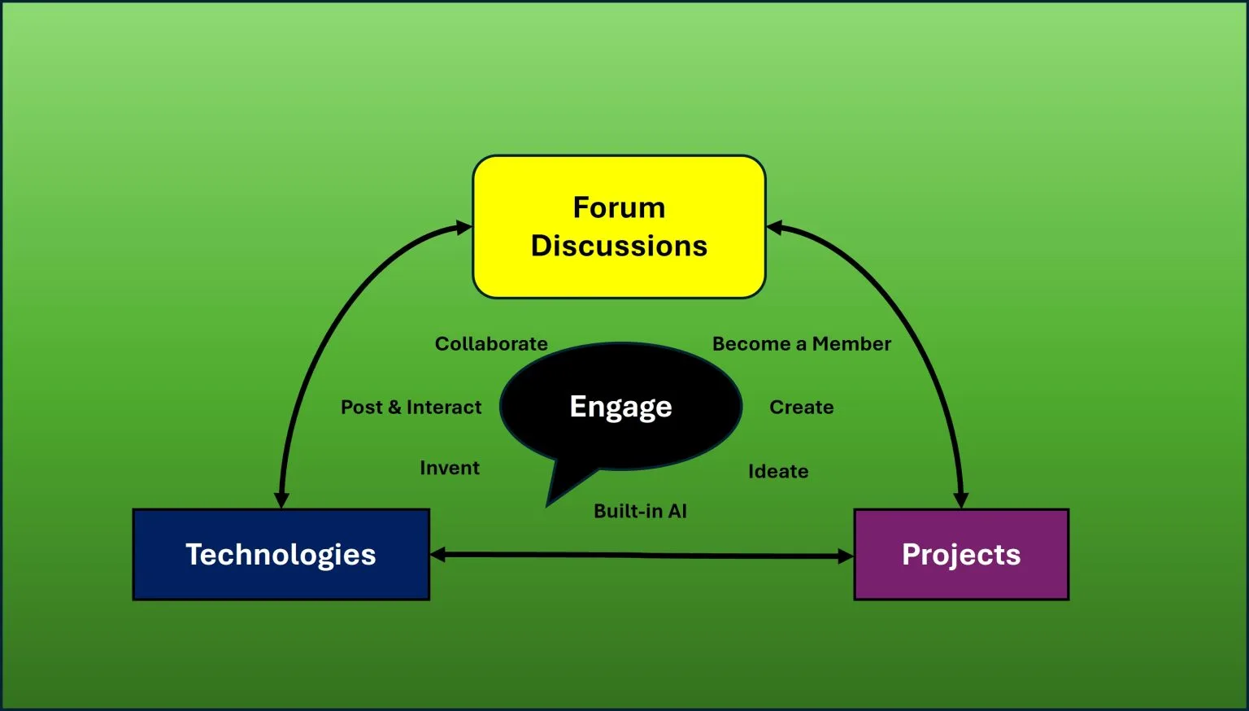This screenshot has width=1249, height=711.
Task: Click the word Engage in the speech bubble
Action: click(620, 406)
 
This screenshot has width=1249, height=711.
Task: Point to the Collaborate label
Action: click(491, 344)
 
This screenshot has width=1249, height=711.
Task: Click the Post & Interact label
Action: click(411, 407)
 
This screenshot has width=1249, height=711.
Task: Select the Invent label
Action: click(450, 468)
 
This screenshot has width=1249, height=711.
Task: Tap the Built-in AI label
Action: click(640, 511)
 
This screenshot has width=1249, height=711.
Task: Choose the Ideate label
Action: click(778, 471)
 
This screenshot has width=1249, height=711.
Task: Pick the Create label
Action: click(801, 407)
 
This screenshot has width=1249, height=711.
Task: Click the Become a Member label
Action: click(801, 344)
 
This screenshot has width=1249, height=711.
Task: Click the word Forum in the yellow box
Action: click(619, 207)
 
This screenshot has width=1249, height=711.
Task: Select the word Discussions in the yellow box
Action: click(619, 246)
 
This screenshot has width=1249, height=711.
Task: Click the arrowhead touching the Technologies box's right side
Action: click(438, 555)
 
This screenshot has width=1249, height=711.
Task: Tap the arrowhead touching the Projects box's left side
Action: click(846, 556)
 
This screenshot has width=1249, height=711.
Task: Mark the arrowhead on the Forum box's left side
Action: click(463, 228)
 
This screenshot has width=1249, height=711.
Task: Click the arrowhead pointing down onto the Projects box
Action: click(960, 499)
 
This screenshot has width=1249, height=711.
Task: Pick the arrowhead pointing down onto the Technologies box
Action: click(281, 499)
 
